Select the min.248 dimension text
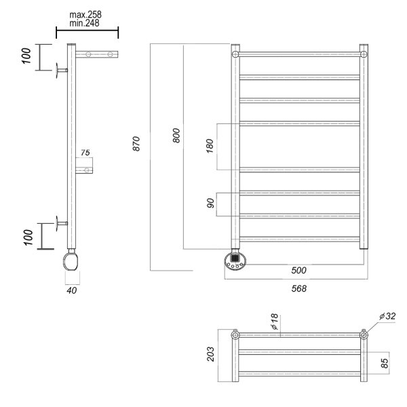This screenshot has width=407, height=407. point(86,24)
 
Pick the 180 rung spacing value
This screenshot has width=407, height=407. point(210,145)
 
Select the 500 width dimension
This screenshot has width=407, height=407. point(298,271)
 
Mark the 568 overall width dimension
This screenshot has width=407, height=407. point(298,288)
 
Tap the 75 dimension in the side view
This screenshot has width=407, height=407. point(85,153)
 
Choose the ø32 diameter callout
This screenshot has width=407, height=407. point(388,316)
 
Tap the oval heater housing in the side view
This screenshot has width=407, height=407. point(72,260)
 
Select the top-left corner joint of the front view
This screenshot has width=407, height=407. point(235,54)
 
